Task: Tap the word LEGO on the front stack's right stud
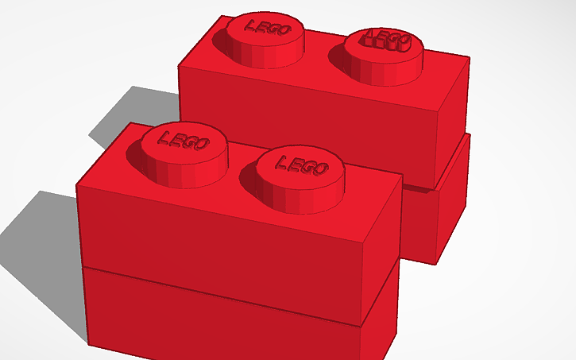point(301,164)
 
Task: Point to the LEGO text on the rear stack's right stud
point(385,41)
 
